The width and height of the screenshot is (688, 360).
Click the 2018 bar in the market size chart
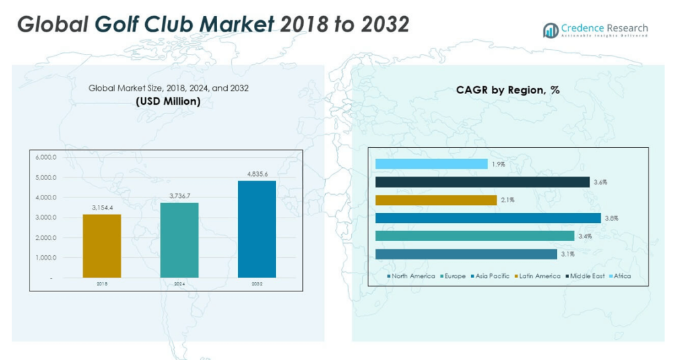click(102, 246)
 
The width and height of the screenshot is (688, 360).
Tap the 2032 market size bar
click(257, 229)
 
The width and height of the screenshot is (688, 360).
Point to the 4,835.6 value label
click(257, 174)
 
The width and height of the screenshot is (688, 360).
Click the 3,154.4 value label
click(102, 208)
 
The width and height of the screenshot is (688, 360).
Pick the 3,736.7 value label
click(179, 196)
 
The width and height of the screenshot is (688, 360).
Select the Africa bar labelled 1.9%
click(431, 164)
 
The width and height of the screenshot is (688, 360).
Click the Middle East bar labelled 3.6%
click(482, 182)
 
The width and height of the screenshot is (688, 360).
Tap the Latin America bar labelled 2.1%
click(436, 200)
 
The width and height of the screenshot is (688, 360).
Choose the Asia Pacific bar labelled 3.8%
click(488, 218)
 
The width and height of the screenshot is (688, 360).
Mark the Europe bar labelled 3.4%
click(475, 236)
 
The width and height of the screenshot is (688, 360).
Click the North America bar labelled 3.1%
click(466, 254)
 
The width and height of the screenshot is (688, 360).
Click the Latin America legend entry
click(537, 276)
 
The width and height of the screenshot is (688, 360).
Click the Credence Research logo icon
click(551, 30)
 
